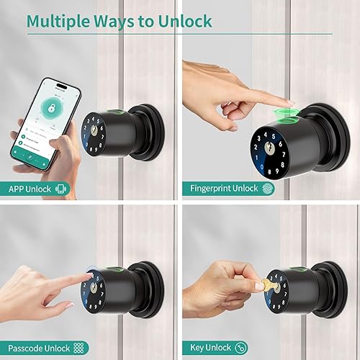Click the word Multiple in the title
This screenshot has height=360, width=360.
(x=60, y=20)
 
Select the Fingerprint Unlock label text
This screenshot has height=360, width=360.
(x=224, y=189)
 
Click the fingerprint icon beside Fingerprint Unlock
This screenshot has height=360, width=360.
(x=268, y=189)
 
